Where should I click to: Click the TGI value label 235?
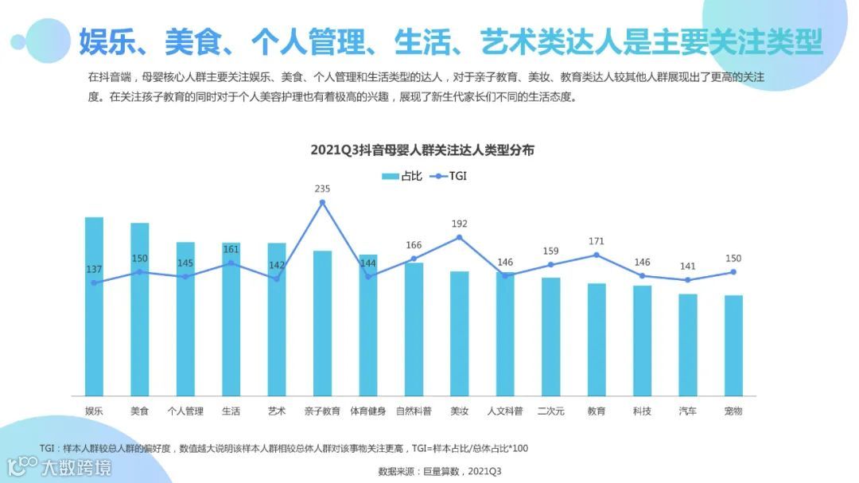(322, 189)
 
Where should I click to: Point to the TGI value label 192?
(460, 224)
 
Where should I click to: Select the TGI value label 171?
(597, 241)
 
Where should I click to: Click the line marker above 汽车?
(688, 280)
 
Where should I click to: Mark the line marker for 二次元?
(550, 265)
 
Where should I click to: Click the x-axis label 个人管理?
(185, 411)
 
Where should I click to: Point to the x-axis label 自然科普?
(414, 411)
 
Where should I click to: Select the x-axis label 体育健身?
(368, 411)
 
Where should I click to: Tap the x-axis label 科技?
(642, 411)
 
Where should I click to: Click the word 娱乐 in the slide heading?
(106, 41)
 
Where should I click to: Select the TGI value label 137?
(94, 269)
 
